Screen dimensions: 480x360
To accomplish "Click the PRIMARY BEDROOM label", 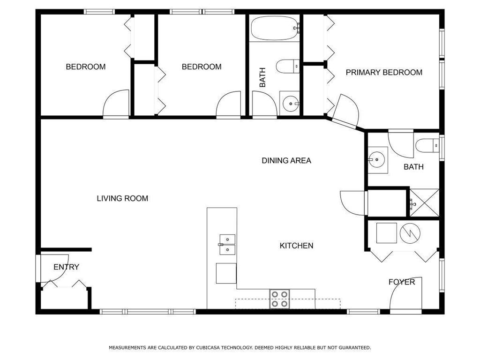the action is (x=384, y=73).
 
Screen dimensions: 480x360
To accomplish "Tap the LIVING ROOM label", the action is (x=122, y=198).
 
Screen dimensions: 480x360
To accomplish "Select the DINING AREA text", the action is (x=286, y=160).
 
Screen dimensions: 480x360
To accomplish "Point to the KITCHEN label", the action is (x=296, y=246).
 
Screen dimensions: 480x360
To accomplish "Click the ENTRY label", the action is (x=66, y=267).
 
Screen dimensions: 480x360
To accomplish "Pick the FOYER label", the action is (x=402, y=282).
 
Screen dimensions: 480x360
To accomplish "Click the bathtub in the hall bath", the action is (x=275, y=28).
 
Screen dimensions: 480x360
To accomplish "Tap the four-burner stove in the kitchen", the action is (x=279, y=299).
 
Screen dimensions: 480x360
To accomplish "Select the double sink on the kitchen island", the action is (x=227, y=245).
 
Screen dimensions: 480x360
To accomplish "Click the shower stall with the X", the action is (x=424, y=203).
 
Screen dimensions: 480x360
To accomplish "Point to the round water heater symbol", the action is (x=410, y=233).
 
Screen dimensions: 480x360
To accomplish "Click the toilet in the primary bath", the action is (x=427, y=146).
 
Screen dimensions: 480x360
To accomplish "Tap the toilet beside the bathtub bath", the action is (x=287, y=66).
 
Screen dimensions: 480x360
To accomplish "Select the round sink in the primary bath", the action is (x=376, y=160).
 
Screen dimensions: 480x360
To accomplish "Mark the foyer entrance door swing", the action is (x=405, y=293).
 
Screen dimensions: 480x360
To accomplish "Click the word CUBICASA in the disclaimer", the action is (x=208, y=348).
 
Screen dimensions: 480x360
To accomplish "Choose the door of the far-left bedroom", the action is (x=116, y=103).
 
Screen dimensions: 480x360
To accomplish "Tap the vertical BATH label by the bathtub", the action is (x=262, y=77).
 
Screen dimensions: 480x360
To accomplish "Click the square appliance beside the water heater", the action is (x=386, y=233).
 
